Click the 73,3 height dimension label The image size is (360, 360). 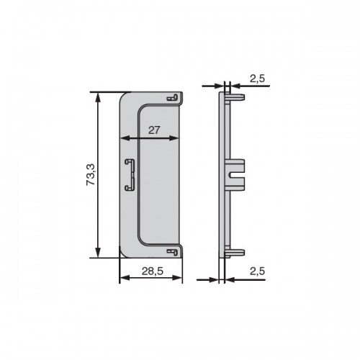click(x=91, y=174)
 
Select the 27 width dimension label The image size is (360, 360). click(x=154, y=130)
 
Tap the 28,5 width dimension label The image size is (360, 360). click(x=153, y=271)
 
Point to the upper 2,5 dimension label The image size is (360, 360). click(x=257, y=78)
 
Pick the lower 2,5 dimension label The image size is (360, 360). click(x=257, y=271)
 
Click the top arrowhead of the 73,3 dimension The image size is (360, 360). click(x=98, y=97)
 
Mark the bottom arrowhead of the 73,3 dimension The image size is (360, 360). click(x=98, y=253)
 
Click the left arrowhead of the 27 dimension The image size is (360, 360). click(x=125, y=138)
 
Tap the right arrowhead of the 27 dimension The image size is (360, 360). click(x=174, y=138)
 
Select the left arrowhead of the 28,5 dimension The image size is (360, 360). click(x=125, y=278)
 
